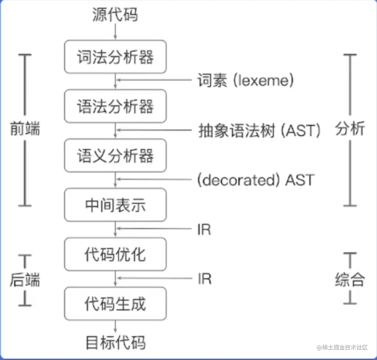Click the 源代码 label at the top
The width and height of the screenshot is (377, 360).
coord(115,15)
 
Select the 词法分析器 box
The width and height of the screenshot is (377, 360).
coord(115,57)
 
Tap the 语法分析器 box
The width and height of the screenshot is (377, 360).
coord(115,106)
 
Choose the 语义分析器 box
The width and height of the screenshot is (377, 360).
coord(115,156)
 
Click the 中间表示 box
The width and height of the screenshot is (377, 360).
coord(115,205)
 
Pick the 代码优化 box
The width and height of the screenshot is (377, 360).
coord(115,254)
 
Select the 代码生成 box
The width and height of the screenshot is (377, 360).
coord(115,304)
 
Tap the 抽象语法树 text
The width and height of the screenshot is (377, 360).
coord(237,130)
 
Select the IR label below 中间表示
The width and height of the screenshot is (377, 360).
coord(204,230)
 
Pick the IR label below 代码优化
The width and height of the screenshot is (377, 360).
coord(204,279)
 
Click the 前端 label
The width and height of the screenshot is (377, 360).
coord(25,129)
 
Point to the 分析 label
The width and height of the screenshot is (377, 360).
coord(350,129)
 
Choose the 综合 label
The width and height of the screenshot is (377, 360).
coord(350,279)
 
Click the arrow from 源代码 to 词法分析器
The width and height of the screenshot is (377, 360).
coord(115,32)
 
